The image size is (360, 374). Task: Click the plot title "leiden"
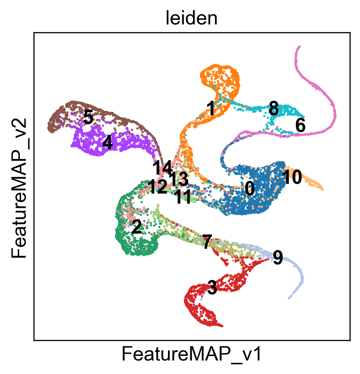(x=192, y=19)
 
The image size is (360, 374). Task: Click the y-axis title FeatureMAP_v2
(x=19, y=188)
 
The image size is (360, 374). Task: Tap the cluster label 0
(x=250, y=188)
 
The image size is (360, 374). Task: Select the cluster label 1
(x=211, y=108)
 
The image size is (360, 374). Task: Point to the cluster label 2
(x=137, y=227)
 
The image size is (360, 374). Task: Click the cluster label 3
(x=212, y=288)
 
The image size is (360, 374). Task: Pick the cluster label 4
(x=108, y=143)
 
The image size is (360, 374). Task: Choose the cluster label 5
(x=88, y=117)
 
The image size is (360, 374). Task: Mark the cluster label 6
(x=300, y=125)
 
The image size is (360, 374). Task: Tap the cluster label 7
(x=207, y=242)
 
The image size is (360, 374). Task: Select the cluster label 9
(x=278, y=258)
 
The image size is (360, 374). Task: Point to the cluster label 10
(x=292, y=177)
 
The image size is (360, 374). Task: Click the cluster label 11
(x=183, y=197)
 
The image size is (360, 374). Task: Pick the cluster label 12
(x=157, y=186)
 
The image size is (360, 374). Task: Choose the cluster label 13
(x=179, y=179)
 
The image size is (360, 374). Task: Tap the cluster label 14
(x=162, y=168)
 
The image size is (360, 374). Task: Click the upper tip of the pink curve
(x=299, y=46)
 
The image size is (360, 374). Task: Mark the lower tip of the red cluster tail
(x=222, y=326)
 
